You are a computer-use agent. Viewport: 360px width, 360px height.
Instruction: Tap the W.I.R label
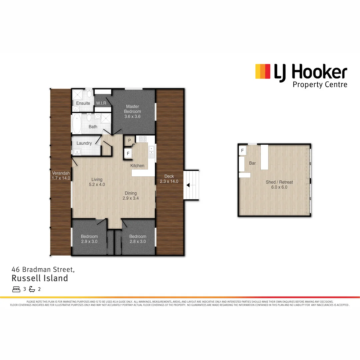(x=101, y=103)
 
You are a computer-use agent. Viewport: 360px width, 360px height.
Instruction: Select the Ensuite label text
(x=83, y=103)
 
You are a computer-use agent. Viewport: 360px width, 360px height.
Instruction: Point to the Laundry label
(x=84, y=143)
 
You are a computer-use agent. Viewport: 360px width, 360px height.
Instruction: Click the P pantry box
(x=129, y=141)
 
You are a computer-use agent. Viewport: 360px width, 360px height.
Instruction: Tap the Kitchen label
(x=137, y=166)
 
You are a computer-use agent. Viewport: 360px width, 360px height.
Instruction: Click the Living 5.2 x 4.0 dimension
(x=97, y=184)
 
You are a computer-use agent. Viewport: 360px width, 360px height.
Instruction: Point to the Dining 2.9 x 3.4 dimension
(x=131, y=198)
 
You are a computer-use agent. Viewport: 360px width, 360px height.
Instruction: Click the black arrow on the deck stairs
(x=189, y=185)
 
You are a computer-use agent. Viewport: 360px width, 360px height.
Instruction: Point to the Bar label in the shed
(x=252, y=163)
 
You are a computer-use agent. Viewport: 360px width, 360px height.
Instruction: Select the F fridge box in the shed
(x=242, y=151)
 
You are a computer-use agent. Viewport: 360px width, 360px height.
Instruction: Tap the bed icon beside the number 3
(x=16, y=289)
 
